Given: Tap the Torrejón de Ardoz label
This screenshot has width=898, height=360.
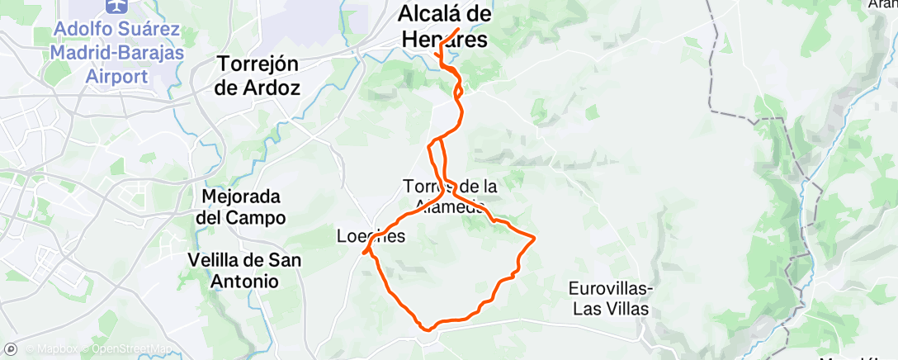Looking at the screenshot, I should [x=256, y=75].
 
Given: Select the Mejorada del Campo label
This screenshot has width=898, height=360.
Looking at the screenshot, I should [x=245, y=208].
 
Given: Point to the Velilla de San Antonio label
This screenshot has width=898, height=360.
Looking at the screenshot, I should [x=243, y=270].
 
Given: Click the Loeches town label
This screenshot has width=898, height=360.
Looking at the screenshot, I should [x=371, y=236].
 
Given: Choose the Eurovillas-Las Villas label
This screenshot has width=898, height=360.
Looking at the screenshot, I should [x=611, y=299].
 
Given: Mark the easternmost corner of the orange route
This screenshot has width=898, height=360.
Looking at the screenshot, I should [x=536, y=239].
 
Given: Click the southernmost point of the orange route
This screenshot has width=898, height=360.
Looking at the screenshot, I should [x=427, y=329].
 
